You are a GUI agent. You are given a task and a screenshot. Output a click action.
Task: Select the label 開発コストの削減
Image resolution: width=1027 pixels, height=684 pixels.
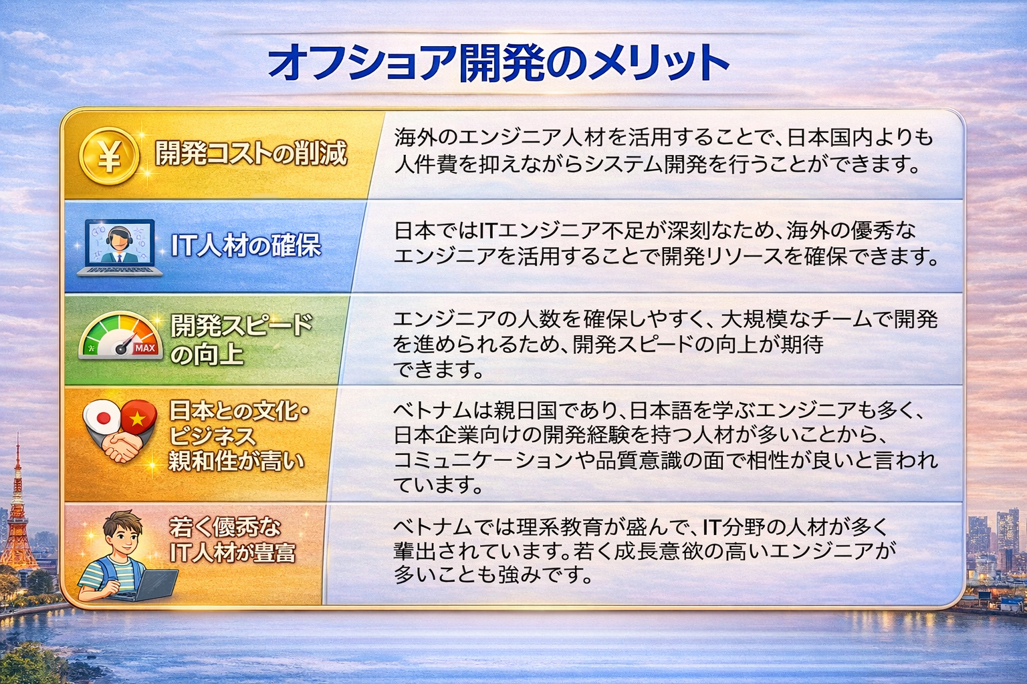coord(251,154)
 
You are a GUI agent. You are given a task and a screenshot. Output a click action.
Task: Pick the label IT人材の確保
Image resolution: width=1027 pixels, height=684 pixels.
coord(246,246)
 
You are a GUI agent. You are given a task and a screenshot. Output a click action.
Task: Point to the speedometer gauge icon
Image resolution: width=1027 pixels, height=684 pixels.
coord(121,337)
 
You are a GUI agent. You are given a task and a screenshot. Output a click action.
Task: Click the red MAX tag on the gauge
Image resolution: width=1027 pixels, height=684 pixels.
coord(144,348)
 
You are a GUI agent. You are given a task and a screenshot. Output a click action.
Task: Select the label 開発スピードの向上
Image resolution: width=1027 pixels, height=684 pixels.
coord(240,339)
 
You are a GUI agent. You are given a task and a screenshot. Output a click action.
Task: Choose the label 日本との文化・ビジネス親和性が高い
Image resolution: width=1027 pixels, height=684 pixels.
coord(238,436)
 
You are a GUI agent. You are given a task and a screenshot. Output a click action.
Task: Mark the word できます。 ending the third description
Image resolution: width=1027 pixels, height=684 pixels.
coord(438,369)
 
